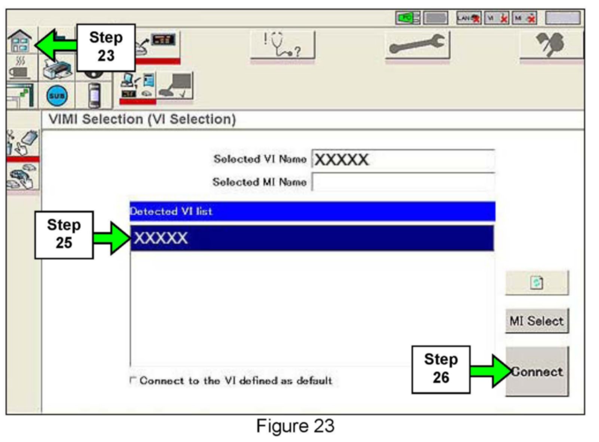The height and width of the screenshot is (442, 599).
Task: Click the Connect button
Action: (x=537, y=371)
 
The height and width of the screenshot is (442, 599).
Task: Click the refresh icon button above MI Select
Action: (x=537, y=283)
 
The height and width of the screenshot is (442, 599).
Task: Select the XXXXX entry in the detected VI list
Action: (x=311, y=238)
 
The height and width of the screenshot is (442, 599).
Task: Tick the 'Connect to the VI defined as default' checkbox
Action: (x=132, y=380)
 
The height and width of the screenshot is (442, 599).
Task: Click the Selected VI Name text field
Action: (x=403, y=160)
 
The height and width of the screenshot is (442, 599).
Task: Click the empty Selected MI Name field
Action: (x=403, y=182)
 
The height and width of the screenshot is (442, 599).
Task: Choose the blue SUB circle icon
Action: (x=57, y=96)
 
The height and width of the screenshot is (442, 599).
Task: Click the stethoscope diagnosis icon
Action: (x=282, y=45)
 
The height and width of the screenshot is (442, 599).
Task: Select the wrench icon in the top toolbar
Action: (x=417, y=45)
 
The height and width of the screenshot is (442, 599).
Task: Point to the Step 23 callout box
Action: (x=106, y=47)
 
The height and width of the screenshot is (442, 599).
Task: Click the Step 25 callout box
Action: (x=64, y=235)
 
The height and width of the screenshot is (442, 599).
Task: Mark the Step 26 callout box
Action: (x=441, y=369)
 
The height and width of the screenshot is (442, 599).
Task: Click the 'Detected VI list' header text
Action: (x=171, y=211)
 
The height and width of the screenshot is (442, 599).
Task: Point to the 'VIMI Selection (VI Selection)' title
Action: (x=142, y=119)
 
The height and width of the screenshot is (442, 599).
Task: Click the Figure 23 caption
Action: (x=295, y=426)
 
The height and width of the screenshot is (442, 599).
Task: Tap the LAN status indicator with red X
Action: (x=468, y=18)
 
